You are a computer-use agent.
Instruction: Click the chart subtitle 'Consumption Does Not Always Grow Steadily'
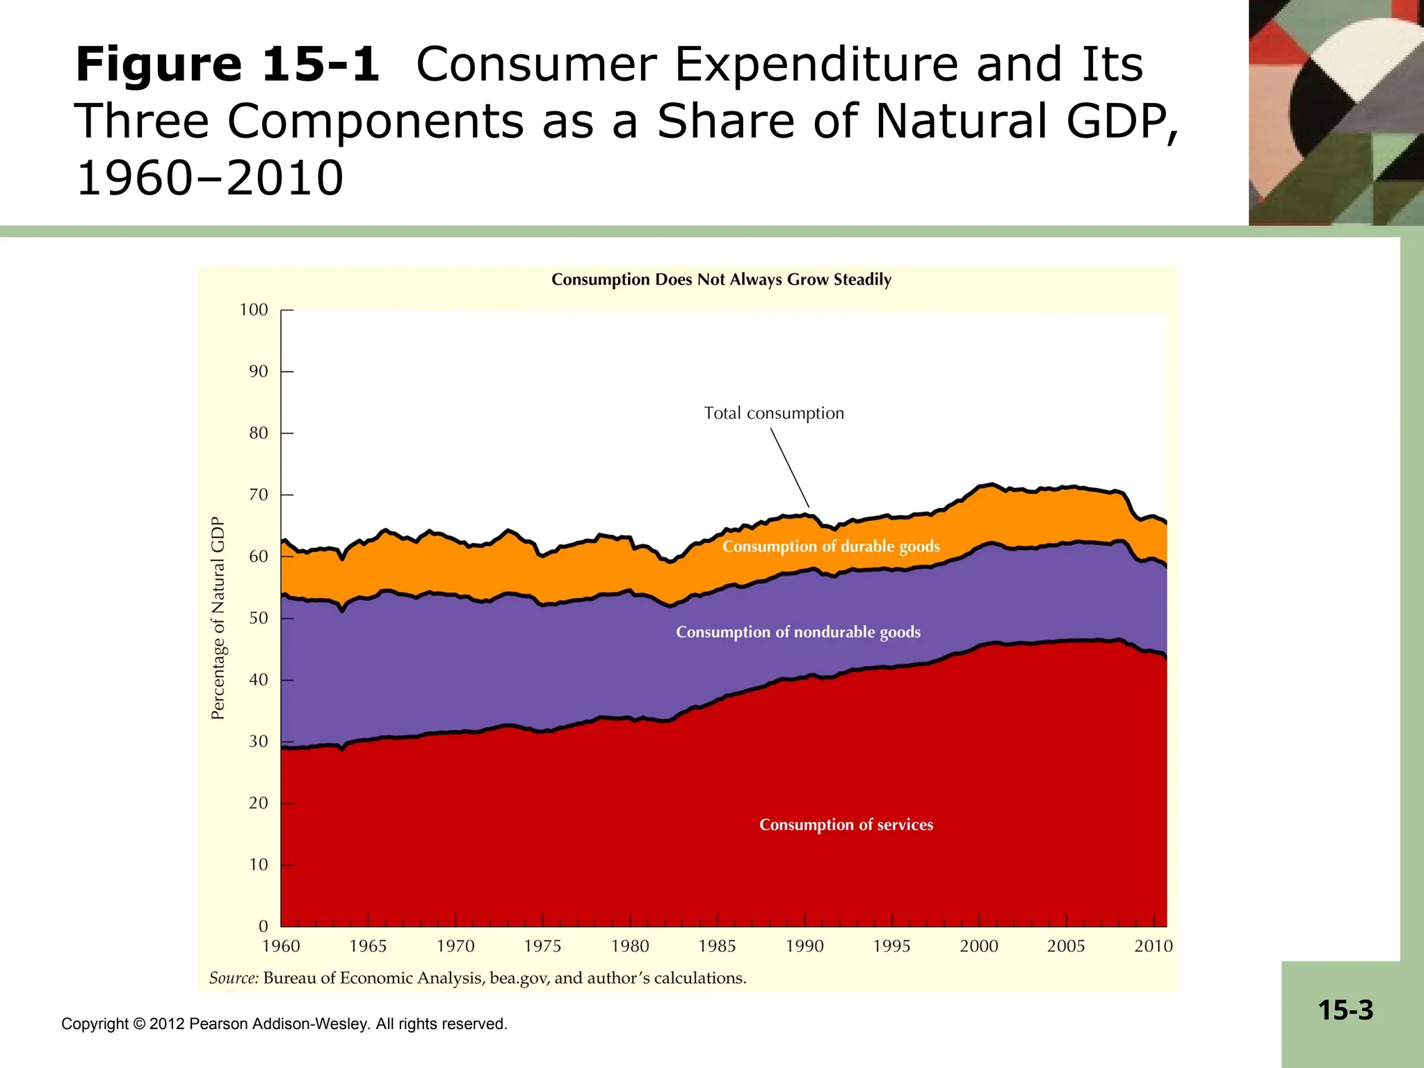721,280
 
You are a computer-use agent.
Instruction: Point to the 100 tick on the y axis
254,310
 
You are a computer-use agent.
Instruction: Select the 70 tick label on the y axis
258,495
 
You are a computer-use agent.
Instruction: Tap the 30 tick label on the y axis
258,742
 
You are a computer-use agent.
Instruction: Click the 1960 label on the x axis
281,946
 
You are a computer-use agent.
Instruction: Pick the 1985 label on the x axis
717,946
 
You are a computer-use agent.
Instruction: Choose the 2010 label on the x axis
1153,946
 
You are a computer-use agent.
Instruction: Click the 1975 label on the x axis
542,946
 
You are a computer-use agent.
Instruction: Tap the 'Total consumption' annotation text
774,413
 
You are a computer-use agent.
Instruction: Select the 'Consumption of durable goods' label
831,547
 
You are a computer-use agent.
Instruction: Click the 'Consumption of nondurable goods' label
798,632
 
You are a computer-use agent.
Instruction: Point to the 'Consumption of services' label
846,825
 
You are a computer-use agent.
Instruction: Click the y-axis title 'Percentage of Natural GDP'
218,618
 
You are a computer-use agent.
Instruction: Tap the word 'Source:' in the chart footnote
234,978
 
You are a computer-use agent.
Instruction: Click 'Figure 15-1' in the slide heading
227,65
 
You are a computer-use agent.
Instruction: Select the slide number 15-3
1345,1010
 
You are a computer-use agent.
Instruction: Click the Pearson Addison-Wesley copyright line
284,1023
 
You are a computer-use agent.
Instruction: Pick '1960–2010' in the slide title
210,178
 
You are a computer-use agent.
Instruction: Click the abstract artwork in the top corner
1336,113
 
